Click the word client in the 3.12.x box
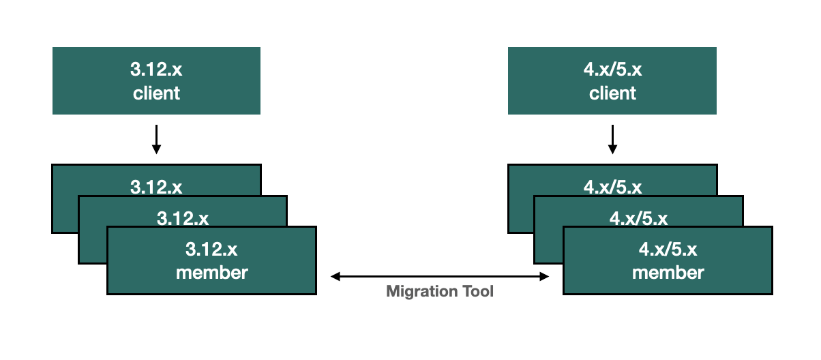156,93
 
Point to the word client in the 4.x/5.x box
612,93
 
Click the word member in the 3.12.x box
211,273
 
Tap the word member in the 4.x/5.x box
668,273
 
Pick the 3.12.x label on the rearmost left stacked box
156,187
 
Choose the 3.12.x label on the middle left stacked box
183,218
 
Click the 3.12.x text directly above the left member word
211,250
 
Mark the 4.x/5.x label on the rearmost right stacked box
612,187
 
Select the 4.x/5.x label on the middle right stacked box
639,218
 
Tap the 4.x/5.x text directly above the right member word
668,250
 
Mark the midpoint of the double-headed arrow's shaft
440,276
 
